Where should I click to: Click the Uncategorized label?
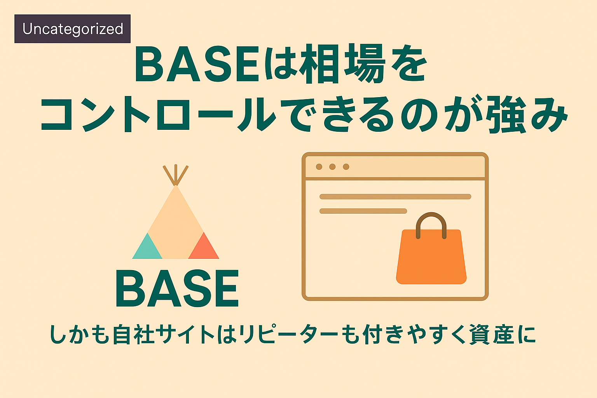click(x=73, y=29)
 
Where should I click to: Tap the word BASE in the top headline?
click(x=197, y=64)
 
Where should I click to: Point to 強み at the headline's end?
click(x=526, y=114)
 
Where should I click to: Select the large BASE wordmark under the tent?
click(x=177, y=288)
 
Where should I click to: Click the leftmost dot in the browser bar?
click(x=319, y=167)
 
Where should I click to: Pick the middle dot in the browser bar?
click(x=332, y=167)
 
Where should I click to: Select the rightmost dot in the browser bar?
click(x=346, y=167)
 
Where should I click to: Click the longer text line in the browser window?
click(x=395, y=197)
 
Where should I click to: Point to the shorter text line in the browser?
click(x=363, y=211)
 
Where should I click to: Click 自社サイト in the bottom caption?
click(x=164, y=334)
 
